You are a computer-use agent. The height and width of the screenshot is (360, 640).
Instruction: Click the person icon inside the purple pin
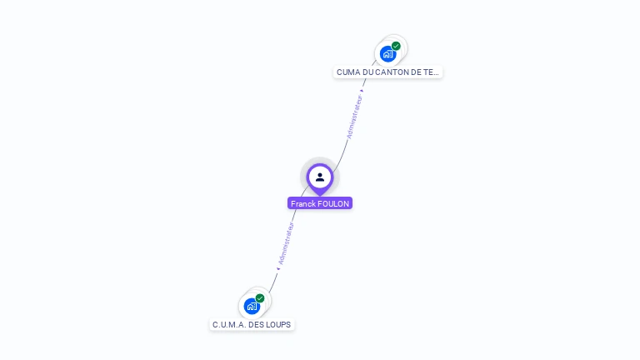coord(320,177)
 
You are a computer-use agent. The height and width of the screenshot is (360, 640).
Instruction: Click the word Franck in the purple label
coord(302,203)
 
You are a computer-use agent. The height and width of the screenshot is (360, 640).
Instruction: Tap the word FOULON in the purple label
coord(333,203)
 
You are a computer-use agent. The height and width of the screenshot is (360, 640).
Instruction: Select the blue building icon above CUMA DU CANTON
coord(387,54)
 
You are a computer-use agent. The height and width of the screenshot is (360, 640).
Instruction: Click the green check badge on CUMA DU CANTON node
coord(396,46)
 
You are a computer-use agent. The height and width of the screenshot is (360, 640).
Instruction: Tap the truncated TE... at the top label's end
coord(431,72)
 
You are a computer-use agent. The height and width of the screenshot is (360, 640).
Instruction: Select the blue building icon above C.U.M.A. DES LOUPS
coord(252,306)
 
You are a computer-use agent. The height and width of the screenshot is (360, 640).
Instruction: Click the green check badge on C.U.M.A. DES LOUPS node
coord(260,297)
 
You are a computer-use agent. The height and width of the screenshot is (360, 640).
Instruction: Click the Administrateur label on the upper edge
coord(355,117)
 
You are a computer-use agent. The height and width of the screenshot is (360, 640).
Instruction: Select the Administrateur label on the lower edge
coord(286,243)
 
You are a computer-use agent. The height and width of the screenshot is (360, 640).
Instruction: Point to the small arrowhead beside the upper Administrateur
coord(362,91)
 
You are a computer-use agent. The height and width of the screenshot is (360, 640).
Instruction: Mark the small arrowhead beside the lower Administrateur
coord(278,268)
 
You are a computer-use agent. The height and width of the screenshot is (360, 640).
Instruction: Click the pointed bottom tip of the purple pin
coord(320,194)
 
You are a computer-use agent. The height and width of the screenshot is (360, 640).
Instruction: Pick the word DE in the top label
coord(416,72)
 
